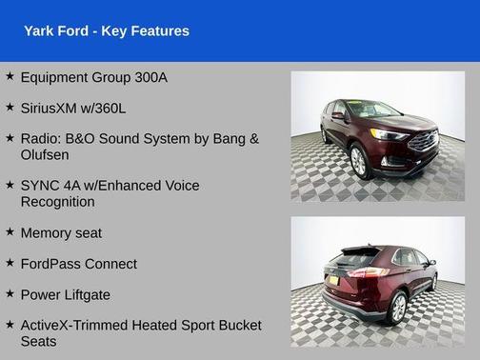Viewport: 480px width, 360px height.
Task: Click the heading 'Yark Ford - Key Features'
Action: [x=107, y=31]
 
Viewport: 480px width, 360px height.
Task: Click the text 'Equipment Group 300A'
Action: [x=93, y=77]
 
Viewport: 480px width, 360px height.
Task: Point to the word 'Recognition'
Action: [x=57, y=201]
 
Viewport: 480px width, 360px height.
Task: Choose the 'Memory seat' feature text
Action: [x=61, y=232]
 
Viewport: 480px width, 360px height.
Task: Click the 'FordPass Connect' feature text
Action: [x=78, y=264]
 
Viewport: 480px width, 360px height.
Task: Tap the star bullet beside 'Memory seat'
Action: [x=10, y=232]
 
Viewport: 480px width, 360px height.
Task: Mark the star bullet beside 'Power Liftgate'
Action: [x=10, y=294]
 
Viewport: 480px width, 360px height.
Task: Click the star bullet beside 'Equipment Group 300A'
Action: [x=10, y=76]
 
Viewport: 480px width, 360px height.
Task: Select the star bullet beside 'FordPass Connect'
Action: [x=10, y=264]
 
